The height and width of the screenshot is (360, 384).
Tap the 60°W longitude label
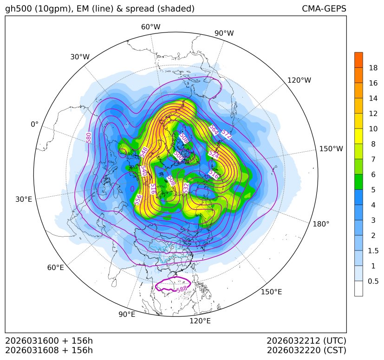click(x=150, y=27)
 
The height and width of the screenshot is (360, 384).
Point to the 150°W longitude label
click(x=331, y=148)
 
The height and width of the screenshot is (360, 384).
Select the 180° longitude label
click(x=321, y=224)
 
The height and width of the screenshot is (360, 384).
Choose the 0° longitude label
click(x=34, y=124)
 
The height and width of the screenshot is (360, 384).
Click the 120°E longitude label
click(x=200, y=321)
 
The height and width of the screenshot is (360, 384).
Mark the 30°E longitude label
click(x=24, y=199)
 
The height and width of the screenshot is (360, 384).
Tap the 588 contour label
click(x=182, y=290)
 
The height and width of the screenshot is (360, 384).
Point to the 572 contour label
click(x=226, y=135)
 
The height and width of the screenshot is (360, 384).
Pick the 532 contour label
click(x=186, y=188)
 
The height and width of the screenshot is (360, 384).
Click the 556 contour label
click(x=138, y=199)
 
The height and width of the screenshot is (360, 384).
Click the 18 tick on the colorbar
click(x=373, y=68)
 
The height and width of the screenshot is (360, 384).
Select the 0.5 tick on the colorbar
click(x=373, y=281)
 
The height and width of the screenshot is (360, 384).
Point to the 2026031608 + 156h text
click(x=49, y=350)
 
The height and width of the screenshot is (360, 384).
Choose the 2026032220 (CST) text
click(x=306, y=350)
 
